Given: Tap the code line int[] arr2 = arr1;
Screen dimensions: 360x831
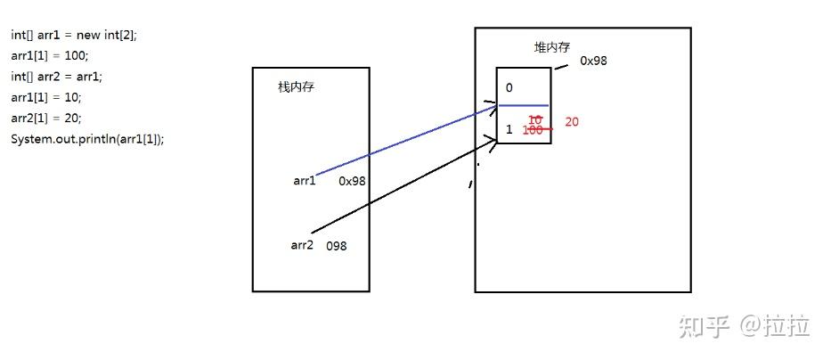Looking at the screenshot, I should point(57,77).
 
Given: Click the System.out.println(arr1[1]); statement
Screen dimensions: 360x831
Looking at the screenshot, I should point(87,139).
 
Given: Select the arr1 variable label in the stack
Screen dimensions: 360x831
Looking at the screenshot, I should point(305,181).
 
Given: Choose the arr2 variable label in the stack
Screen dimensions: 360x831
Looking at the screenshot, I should point(302,244).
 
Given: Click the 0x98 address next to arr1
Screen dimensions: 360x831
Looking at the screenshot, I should point(353,181).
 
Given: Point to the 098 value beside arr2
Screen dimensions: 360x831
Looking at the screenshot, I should point(336,245).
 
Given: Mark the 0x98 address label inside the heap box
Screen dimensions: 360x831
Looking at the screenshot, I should point(593,61).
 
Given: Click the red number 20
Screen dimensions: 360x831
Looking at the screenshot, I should point(572,121).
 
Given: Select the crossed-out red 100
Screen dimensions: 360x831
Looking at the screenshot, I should point(534,130).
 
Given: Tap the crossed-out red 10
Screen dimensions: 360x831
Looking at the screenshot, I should point(535,119).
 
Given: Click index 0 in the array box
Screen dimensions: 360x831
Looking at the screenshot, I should point(509,87).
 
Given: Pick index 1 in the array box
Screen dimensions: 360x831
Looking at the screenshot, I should point(509,129).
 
